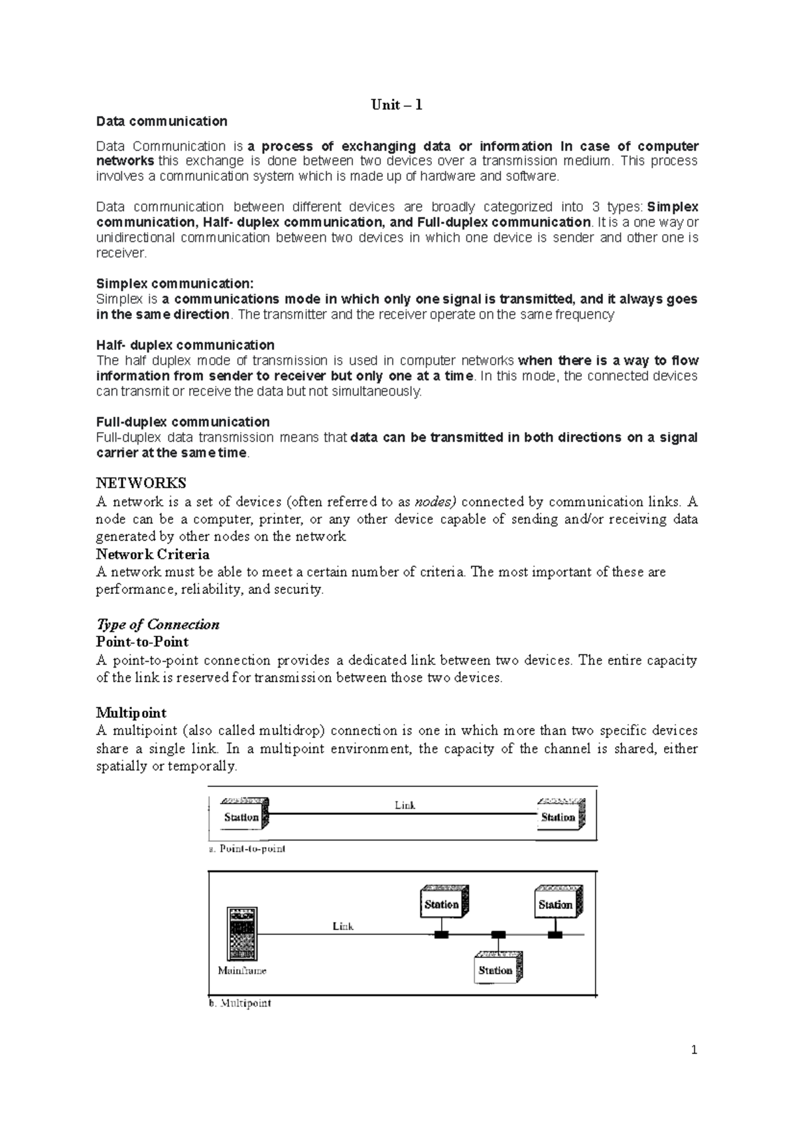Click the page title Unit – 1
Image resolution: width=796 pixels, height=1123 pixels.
(x=397, y=105)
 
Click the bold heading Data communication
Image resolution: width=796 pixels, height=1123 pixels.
(x=161, y=121)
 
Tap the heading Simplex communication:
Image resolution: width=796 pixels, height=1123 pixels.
(x=174, y=284)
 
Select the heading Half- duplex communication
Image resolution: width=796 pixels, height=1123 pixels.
(x=185, y=345)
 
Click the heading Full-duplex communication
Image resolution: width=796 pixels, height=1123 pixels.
(x=182, y=422)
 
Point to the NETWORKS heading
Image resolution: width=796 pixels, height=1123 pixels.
(x=141, y=483)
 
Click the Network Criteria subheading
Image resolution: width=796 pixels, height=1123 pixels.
(x=153, y=554)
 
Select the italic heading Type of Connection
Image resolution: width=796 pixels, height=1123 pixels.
(x=157, y=624)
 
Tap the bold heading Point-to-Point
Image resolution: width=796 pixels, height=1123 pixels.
(x=142, y=642)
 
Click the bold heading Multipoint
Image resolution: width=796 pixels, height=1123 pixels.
(x=131, y=713)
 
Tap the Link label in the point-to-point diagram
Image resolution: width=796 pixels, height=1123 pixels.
(x=405, y=805)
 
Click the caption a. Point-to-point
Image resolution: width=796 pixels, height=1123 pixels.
(x=247, y=849)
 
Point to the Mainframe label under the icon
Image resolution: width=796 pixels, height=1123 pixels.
(x=242, y=971)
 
